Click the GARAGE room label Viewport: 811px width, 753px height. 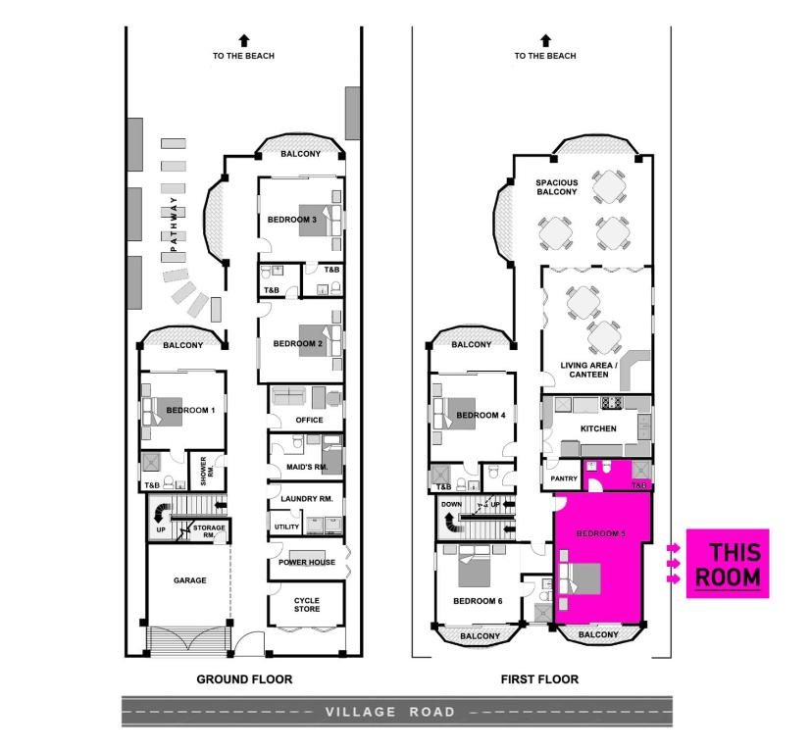pyautogui.click(x=189, y=580)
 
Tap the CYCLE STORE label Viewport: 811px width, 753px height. pyautogui.click(x=306, y=604)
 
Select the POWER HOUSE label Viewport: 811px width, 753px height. pyautogui.click(x=306, y=563)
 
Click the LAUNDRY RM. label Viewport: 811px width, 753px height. pyautogui.click(x=306, y=499)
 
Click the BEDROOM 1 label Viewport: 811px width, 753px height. pyautogui.click(x=190, y=410)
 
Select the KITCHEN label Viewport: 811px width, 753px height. pyautogui.click(x=597, y=429)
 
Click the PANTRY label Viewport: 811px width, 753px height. pyautogui.click(x=564, y=478)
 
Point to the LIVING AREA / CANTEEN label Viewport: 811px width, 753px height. pyautogui.click(x=587, y=371)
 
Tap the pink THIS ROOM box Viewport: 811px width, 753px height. pyautogui.click(x=728, y=565)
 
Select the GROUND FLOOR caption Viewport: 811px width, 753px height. pyautogui.click(x=244, y=678)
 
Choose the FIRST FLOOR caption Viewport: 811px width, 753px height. pyautogui.click(x=539, y=678)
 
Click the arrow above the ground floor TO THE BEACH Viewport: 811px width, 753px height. pyautogui.click(x=244, y=40)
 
